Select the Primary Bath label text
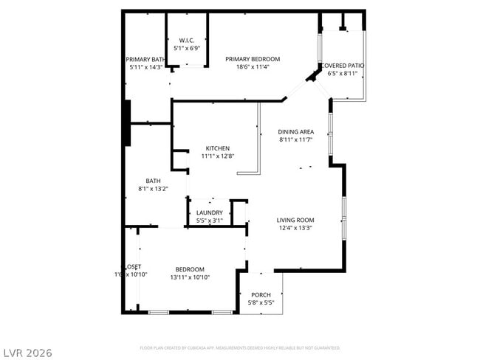145,59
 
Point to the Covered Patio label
343,66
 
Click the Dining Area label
296,131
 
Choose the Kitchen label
217,148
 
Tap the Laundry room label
210,212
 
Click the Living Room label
295,220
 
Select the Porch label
261,295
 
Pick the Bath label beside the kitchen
153,181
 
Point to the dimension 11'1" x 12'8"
217,156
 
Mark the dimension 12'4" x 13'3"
295,228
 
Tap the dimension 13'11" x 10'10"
190,277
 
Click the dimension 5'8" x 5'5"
261,302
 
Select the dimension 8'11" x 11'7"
296,139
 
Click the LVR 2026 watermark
28,353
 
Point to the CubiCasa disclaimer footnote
239,347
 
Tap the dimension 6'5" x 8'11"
343,74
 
